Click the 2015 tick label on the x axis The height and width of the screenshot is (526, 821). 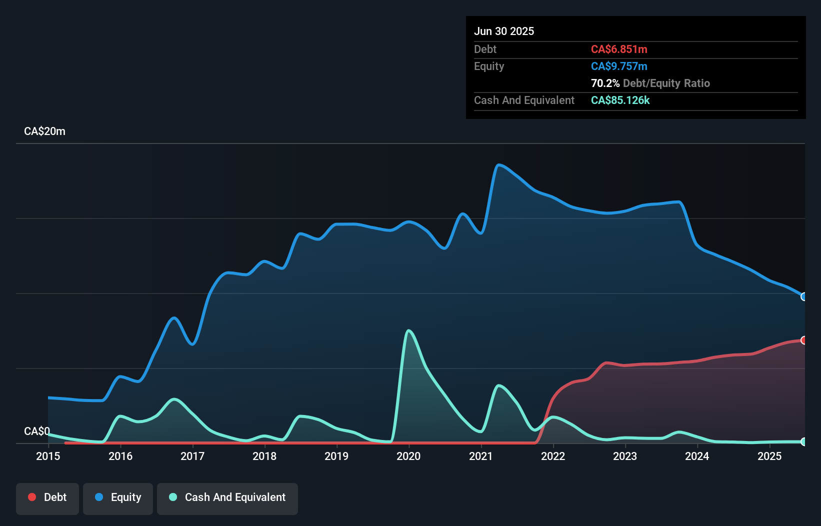[48, 456]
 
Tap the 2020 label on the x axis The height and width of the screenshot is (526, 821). [408, 456]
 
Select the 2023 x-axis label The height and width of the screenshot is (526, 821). [625, 456]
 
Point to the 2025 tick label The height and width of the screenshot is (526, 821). [769, 456]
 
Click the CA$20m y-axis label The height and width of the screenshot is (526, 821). [44, 131]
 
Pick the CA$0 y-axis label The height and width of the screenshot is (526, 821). [37, 431]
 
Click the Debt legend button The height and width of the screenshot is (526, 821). [47, 497]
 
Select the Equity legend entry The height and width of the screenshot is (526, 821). [118, 497]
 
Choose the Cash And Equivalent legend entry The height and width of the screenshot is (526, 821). [227, 497]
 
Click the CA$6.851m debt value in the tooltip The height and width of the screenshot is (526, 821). [619, 49]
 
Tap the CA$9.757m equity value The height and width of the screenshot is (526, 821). [619, 66]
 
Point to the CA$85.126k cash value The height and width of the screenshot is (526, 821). [620, 100]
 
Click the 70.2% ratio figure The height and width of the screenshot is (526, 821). [605, 83]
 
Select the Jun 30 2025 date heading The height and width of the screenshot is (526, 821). [504, 31]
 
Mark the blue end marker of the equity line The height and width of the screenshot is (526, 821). [804, 296]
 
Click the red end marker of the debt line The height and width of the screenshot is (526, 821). [804, 340]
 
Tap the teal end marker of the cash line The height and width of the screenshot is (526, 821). [804, 441]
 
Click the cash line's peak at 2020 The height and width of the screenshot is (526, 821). [409, 330]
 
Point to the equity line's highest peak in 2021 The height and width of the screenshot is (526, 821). [498, 164]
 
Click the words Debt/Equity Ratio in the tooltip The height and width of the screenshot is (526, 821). [666, 83]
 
